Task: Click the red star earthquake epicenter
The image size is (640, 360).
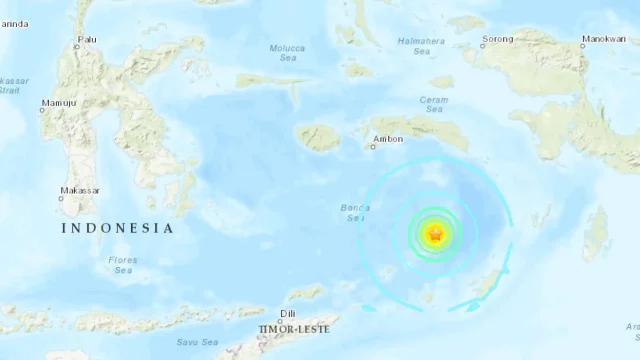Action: coord(435,234)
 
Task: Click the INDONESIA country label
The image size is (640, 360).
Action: coord(117,228)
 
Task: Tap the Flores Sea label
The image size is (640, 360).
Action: coord(123,265)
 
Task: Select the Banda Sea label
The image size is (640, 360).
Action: coord(355,213)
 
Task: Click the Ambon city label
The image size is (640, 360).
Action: coord(387,139)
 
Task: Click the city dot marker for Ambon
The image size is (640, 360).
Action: coord(373,147)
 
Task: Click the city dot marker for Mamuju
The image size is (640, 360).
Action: coord(42,111)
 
